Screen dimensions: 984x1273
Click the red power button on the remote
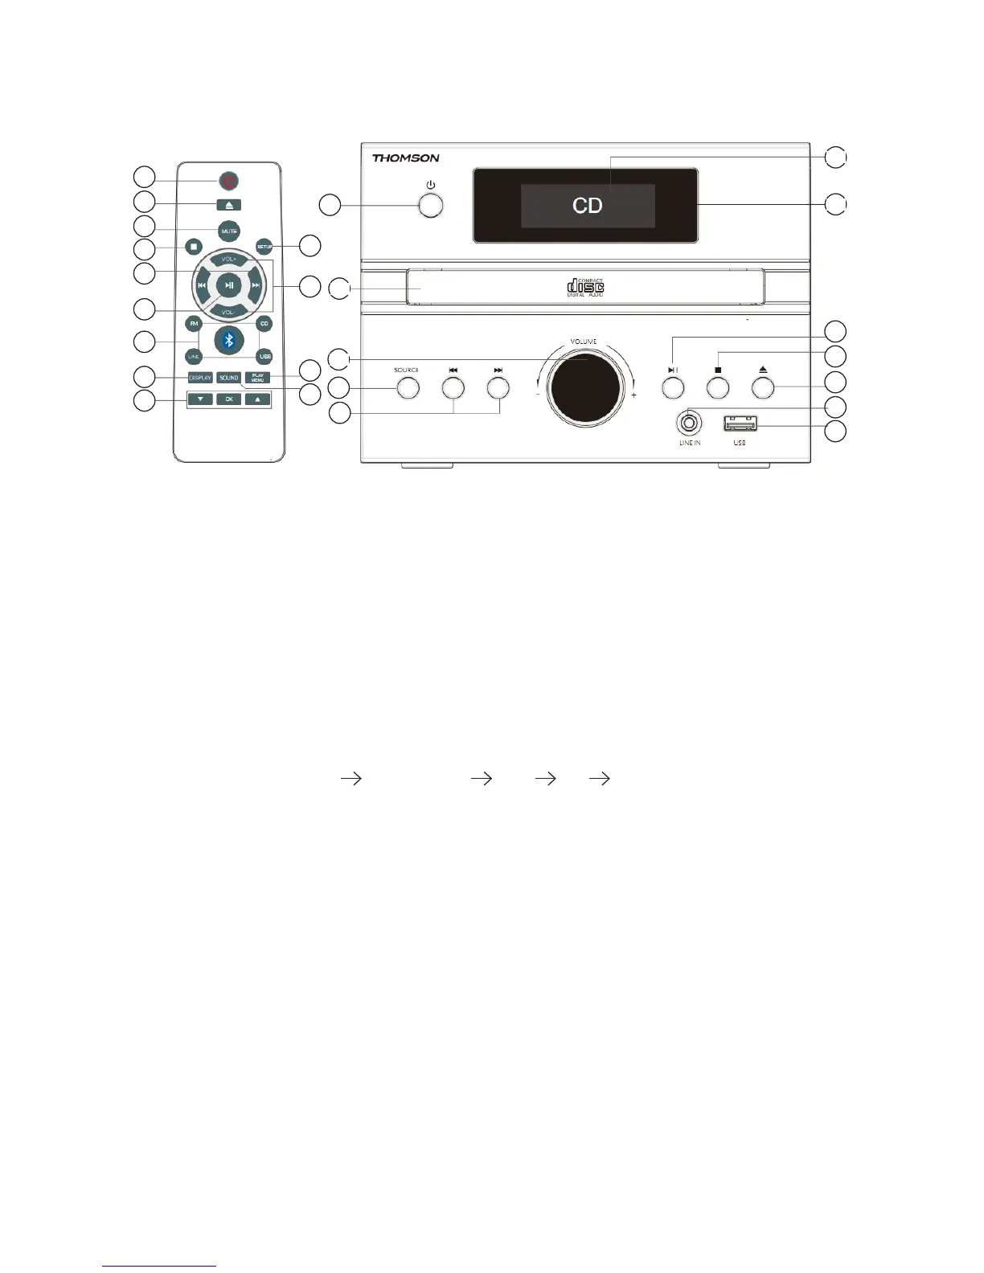coord(229,182)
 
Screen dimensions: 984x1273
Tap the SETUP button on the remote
coord(264,246)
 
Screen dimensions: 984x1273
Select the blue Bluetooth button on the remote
coord(229,340)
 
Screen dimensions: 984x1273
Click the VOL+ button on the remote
coord(229,260)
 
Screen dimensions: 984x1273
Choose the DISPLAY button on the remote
coord(200,378)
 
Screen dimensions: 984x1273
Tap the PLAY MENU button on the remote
coord(257,378)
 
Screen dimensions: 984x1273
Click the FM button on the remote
coord(194,324)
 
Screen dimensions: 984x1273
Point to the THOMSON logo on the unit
coord(405,158)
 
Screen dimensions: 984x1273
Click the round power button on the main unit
coord(432,204)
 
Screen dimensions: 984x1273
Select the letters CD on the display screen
coord(588,206)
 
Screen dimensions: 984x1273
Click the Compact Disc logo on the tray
coord(585,287)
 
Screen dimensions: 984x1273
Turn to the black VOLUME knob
coord(584,387)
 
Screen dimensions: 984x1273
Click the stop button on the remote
coord(194,246)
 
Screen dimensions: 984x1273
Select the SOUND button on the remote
coord(229,378)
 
